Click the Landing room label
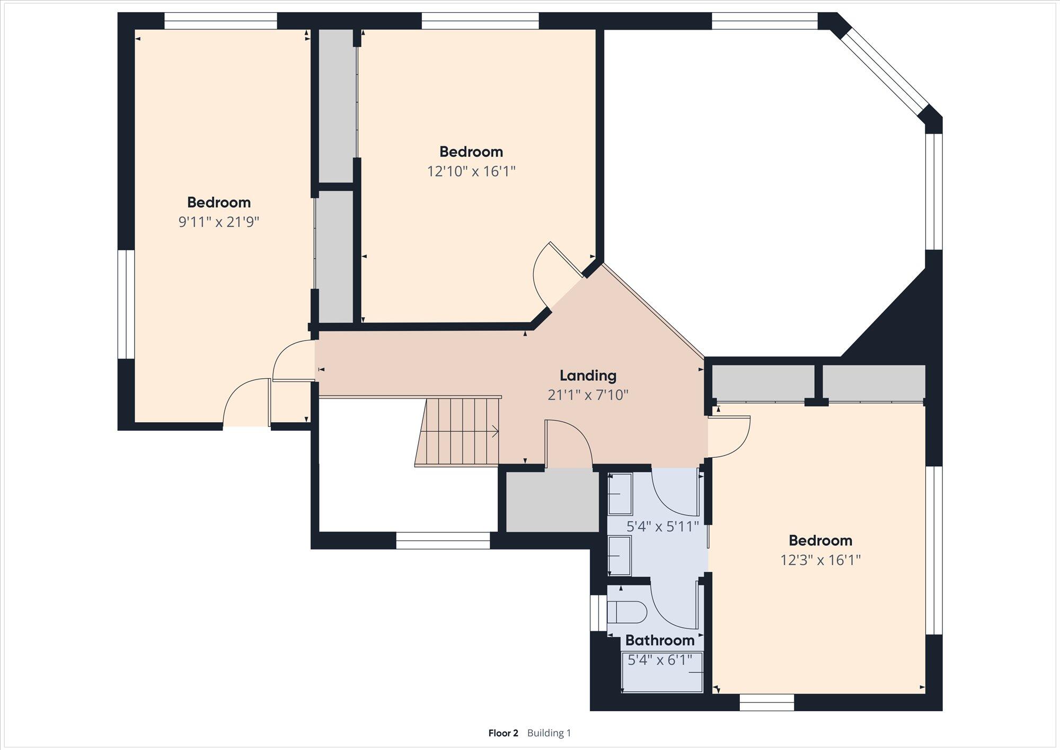[588, 376]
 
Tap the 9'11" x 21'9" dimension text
[219, 222]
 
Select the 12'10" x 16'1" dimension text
[471, 171]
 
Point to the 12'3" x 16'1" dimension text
[820, 560]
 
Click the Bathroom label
[660, 640]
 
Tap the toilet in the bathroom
[627, 613]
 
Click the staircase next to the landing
[458, 432]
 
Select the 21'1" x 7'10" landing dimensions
[588, 395]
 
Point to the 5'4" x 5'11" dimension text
[662, 527]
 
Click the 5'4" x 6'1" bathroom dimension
[660, 660]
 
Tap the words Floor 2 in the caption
[503, 733]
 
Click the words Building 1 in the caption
[549, 733]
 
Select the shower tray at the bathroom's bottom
[662, 673]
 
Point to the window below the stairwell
[443, 540]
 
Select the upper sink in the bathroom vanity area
[620, 494]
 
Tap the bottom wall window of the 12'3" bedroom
[767, 703]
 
